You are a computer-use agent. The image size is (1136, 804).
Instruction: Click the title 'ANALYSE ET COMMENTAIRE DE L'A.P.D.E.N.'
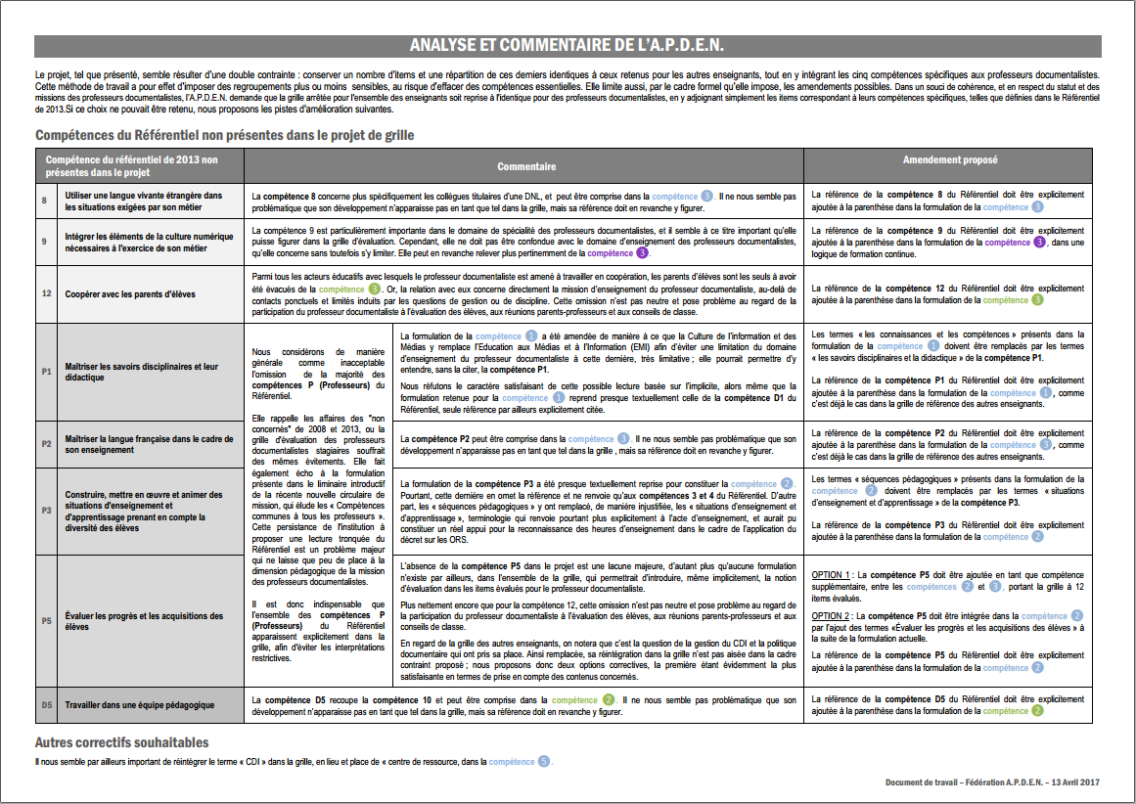tap(567, 46)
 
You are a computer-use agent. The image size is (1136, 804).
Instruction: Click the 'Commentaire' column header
tap(525, 166)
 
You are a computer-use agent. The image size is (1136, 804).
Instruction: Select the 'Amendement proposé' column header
tap(950, 158)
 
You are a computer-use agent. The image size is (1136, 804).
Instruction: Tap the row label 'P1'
tap(46, 373)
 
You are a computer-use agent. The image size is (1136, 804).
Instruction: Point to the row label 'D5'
tap(46, 704)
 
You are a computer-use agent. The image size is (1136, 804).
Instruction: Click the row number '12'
tap(45, 293)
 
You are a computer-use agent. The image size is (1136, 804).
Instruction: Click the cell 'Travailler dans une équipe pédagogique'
tap(140, 704)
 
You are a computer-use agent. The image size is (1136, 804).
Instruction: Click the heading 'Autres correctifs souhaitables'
tap(121, 742)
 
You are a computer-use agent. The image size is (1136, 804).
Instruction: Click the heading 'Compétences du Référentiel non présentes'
tap(224, 134)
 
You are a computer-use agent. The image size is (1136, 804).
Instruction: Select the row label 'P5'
tap(46, 621)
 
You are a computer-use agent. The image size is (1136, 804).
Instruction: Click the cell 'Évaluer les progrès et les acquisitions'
tap(144, 621)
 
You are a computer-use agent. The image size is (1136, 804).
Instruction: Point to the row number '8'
tap(44, 201)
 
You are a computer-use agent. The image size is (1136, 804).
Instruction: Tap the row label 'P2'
tap(46, 444)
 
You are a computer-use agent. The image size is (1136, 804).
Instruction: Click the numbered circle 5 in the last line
tap(543, 761)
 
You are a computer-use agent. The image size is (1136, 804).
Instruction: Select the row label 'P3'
tap(46, 511)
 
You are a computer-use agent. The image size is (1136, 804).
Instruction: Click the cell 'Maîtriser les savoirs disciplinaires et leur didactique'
tap(141, 373)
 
